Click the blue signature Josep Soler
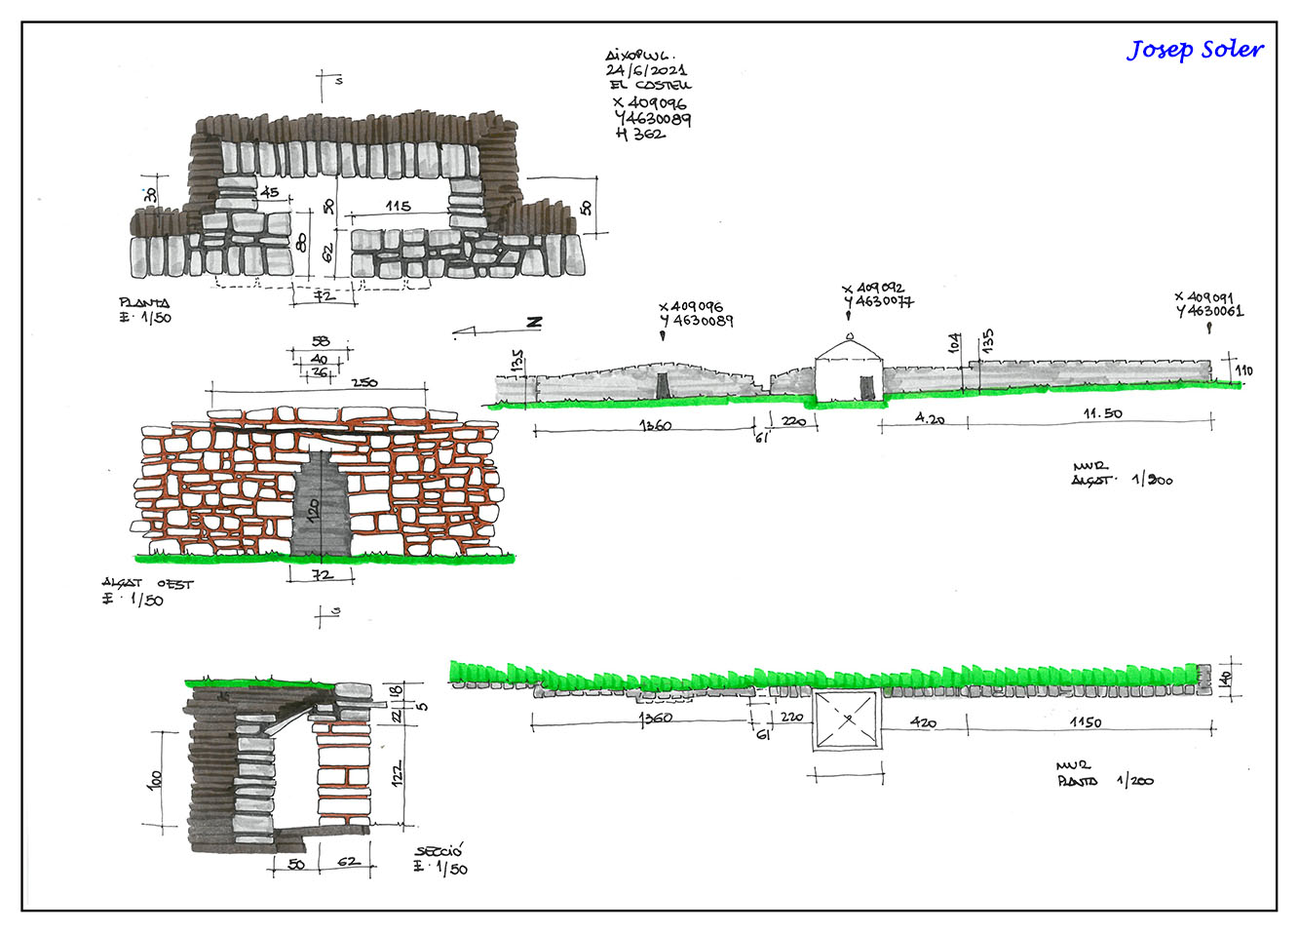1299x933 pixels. point(1195,50)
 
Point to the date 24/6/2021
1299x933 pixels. point(646,70)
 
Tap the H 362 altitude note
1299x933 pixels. point(640,135)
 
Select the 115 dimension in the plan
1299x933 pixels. point(398,207)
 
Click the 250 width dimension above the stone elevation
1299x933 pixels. point(364,382)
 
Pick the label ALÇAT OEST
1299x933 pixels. point(148,583)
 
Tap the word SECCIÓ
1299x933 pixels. point(438,851)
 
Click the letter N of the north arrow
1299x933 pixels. point(533,323)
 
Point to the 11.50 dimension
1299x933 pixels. point(1102,413)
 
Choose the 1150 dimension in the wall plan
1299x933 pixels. point(1086,722)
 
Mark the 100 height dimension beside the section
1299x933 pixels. point(156,780)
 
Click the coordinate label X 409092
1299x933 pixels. point(874,289)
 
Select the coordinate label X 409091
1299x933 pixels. point(1204,297)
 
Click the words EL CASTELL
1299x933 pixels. point(651,86)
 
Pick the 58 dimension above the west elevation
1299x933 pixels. point(321,341)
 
